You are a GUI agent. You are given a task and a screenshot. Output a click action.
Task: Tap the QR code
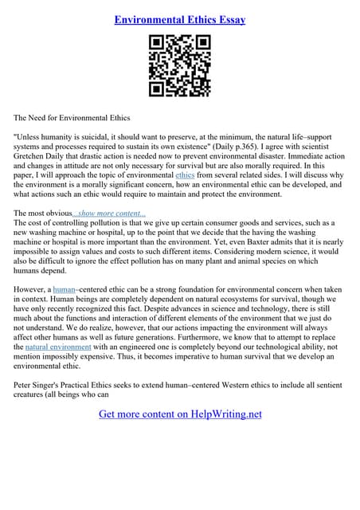point(180,66)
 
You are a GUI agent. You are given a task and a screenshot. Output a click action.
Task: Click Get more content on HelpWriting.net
point(180,414)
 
